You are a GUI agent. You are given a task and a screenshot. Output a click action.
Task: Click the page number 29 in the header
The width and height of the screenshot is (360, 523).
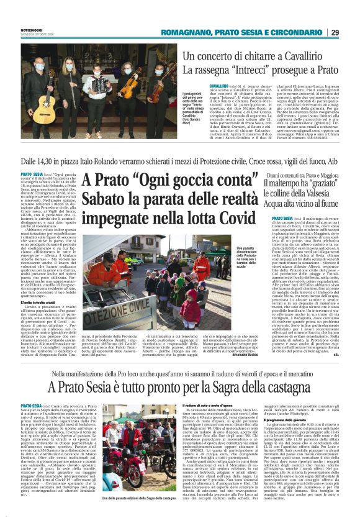coord(335,32)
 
